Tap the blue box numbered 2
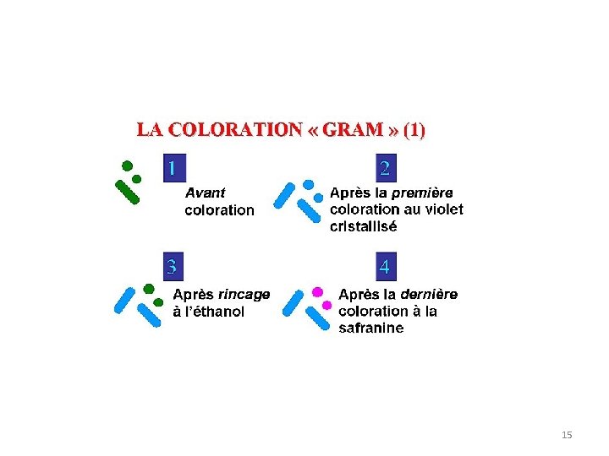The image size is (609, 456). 386,168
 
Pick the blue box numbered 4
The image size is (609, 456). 386,268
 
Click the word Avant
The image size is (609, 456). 206,193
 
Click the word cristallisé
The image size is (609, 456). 364,226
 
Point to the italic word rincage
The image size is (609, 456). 244,295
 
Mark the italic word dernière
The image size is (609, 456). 429,295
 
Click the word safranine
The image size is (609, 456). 370,328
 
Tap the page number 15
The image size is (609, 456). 567,435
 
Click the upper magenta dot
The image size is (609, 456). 318,291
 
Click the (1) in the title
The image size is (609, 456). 414,130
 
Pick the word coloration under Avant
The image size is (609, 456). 219,209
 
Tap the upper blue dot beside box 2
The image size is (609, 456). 309,184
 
